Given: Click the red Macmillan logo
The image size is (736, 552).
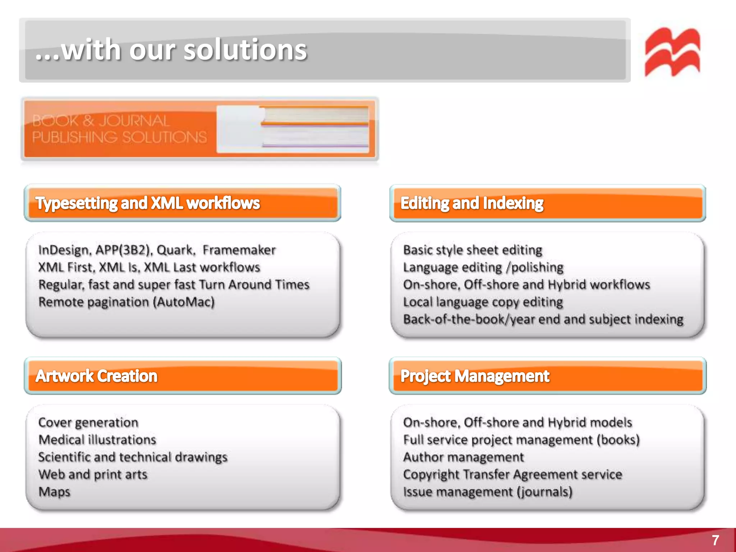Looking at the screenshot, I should [672, 52].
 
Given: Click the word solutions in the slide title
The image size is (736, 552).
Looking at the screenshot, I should [245, 50].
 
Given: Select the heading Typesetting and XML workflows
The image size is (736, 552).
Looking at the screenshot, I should [148, 203].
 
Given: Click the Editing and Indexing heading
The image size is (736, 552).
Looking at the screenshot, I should [472, 203].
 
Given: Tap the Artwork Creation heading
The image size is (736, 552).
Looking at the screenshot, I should [97, 376].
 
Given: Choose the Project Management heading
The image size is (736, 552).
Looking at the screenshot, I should [475, 376].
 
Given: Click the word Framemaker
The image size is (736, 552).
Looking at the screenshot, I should [239, 250].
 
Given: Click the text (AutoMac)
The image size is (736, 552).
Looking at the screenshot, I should [184, 302].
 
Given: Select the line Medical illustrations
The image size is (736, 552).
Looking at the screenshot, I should [97, 440].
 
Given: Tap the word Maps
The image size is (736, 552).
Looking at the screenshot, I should [54, 492].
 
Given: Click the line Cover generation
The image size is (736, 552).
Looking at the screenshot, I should [88, 422].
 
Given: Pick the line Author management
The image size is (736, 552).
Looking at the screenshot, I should [464, 457].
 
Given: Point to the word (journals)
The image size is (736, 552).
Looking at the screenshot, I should [544, 492].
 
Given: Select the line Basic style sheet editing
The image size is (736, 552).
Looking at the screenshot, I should [473, 250].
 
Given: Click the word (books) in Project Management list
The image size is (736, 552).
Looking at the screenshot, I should [618, 440].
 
